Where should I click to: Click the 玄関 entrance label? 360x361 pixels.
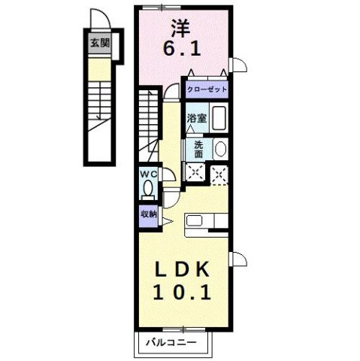click(99, 43)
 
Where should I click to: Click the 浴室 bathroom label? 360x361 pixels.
click(196, 118)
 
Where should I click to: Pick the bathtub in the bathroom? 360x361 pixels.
click(219, 118)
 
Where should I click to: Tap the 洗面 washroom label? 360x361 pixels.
click(198, 148)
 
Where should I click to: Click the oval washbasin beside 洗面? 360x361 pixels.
click(220, 148)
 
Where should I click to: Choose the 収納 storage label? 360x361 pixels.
click(148, 214)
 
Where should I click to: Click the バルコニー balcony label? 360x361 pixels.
click(171, 343)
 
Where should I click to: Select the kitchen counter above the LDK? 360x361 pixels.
click(207, 221)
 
